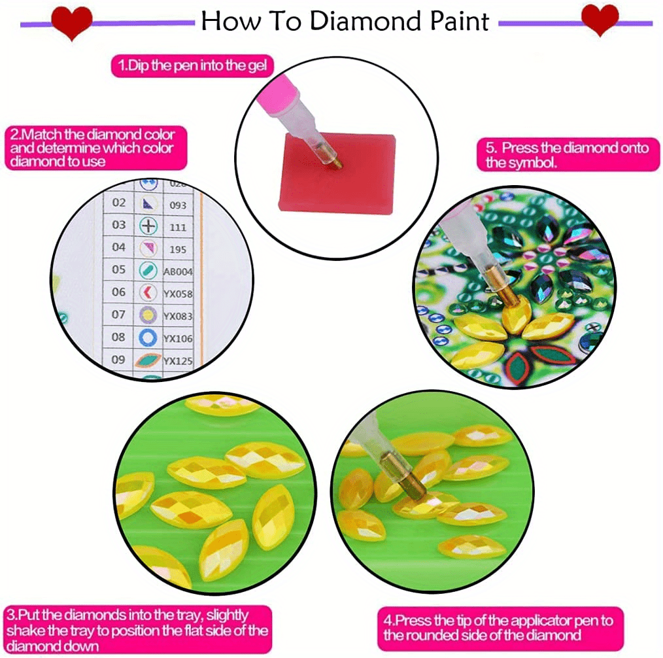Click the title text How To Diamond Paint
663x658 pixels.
[345, 21]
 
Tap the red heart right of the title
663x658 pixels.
[600, 20]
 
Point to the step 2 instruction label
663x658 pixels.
[96, 148]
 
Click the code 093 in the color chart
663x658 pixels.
[177, 205]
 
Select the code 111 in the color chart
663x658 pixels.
[177, 227]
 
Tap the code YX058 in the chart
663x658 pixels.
[178, 294]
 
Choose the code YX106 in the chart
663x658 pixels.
[178, 338]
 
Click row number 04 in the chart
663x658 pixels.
[118, 247]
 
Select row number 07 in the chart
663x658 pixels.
[118, 315]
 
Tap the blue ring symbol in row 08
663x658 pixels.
[149, 338]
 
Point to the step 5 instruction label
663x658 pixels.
[567, 155]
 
